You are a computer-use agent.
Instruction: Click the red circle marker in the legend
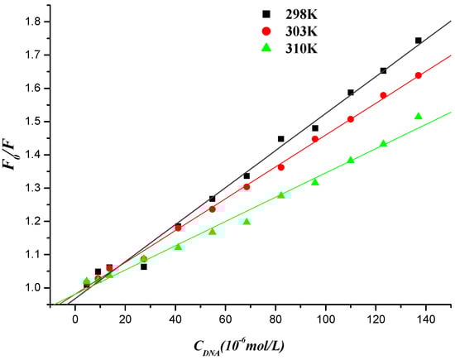(x=264, y=30)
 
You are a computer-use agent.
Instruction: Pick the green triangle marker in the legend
(x=264, y=46)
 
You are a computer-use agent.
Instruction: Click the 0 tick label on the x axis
(x=75, y=318)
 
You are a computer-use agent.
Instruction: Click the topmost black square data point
(x=419, y=41)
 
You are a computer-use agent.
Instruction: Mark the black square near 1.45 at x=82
(x=281, y=139)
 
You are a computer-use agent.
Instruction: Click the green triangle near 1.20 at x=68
(x=247, y=222)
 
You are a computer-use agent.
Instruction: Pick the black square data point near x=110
(x=351, y=93)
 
